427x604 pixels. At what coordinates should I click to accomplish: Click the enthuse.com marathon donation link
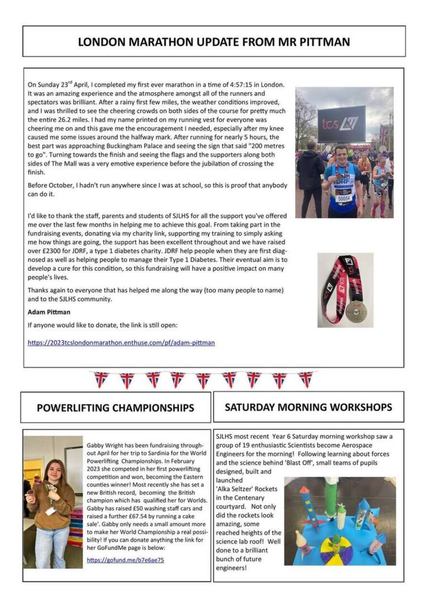(x=121, y=343)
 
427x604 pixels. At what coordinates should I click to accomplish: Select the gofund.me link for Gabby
(x=125, y=560)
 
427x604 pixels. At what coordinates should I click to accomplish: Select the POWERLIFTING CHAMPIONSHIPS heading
(x=116, y=408)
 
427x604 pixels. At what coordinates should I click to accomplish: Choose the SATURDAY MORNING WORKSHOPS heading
(x=308, y=407)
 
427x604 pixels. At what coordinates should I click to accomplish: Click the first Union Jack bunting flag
(x=101, y=379)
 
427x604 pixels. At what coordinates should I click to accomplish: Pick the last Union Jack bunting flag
(x=305, y=379)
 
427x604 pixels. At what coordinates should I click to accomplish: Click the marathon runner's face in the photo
(x=341, y=156)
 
